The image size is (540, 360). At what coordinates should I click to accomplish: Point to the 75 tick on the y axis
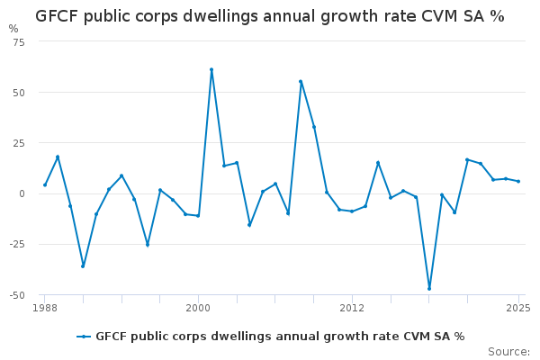coord(19,42)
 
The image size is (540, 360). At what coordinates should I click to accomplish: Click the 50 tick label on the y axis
coord(19,93)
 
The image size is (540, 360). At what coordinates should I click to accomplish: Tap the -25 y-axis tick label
coord(17,244)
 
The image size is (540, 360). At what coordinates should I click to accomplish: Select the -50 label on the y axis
coord(17,294)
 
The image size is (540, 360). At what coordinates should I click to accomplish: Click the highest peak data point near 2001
coord(211,69)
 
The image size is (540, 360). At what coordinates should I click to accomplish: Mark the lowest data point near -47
coord(429,289)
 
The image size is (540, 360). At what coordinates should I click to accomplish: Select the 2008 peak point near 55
coord(301,82)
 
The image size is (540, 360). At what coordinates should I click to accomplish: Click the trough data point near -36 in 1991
coord(83,266)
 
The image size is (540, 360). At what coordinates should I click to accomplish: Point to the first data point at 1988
coord(44,185)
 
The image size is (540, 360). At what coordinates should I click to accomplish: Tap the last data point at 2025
coord(518,182)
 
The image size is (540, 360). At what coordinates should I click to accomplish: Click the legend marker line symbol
coord(84,337)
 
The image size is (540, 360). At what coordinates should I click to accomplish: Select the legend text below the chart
coord(280,337)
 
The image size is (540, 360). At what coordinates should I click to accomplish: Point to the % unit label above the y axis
coord(13,29)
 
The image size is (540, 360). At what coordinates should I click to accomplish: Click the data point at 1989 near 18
coord(58,157)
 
